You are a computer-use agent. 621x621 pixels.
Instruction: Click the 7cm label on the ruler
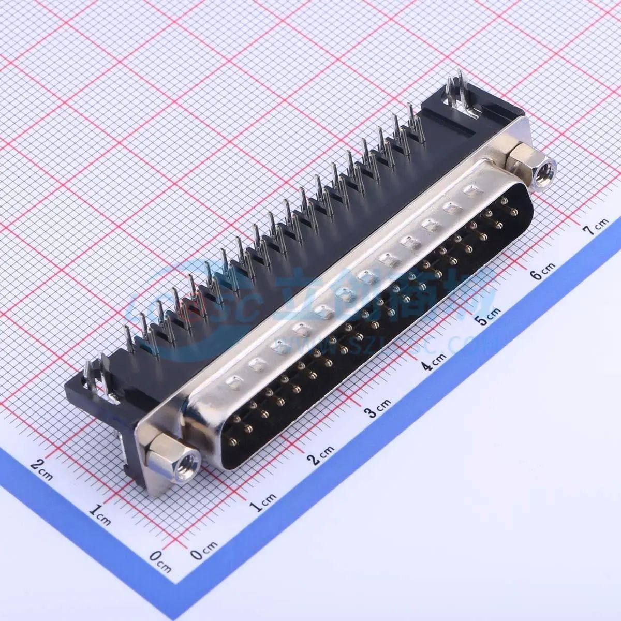[x=595, y=225]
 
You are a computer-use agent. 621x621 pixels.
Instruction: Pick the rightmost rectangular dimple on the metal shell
[x=471, y=191]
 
